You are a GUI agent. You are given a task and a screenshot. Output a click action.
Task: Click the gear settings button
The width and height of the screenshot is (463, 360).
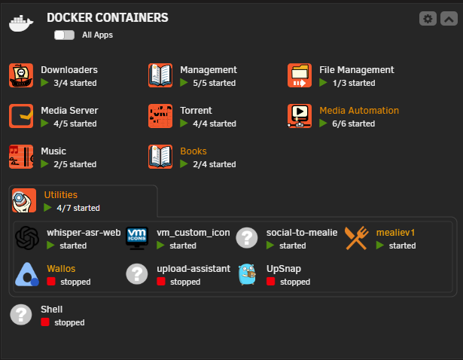click(428, 19)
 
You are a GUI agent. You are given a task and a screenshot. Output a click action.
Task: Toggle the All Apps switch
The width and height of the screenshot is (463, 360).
click(65, 35)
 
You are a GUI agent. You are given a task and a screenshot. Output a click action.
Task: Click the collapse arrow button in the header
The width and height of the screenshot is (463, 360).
click(449, 19)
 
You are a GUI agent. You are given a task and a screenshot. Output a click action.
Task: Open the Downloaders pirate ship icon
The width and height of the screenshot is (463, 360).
click(21, 75)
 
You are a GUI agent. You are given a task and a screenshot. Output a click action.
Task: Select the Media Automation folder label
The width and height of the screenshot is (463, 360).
click(359, 111)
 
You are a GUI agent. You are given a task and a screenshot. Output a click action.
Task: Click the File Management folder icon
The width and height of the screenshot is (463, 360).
click(300, 75)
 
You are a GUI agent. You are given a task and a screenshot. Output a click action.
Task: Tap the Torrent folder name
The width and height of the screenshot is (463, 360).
click(196, 111)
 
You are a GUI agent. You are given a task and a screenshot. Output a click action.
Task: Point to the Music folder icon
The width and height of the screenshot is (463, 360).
click(21, 157)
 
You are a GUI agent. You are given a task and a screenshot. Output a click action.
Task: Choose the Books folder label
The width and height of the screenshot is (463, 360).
click(193, 151)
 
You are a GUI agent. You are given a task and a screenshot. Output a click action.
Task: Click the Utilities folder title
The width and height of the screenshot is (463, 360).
click(60, 195)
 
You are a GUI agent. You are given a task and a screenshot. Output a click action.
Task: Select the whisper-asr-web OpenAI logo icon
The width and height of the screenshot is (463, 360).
click(27, 238)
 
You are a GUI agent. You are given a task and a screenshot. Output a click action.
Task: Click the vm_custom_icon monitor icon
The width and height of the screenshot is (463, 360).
click(137, 238)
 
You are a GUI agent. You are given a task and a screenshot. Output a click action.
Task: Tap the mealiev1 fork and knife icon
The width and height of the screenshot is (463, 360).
click(357, 238)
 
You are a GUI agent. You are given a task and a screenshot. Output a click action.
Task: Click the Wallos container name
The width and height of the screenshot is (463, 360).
click(61, 269)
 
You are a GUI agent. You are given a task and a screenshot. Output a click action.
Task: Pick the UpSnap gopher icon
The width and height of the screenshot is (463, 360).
click(247, 274)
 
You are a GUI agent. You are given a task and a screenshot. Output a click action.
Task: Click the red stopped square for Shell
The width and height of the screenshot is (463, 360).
click(45, 322)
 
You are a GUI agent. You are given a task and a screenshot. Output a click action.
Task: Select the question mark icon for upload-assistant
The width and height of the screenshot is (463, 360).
click(137, 274)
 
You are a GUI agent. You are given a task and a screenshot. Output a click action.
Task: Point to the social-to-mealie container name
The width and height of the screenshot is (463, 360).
click(302, 233)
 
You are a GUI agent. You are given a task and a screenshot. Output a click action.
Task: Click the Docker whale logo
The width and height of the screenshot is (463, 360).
click(21, 23)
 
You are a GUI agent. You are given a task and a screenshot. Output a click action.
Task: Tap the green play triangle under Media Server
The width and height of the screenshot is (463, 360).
click(44, 123)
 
